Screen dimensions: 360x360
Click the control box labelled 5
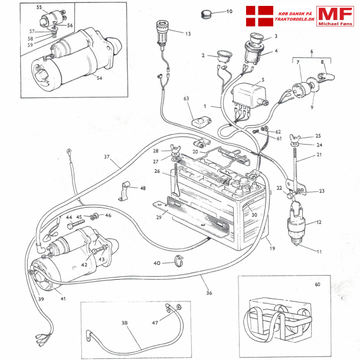click(x=250, y=94)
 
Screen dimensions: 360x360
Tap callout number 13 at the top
click(x=188, y=34)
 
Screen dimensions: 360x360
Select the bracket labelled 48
click(x=125, y=190)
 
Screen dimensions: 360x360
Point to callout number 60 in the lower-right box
click(x=317, y=284)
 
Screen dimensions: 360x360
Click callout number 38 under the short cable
click(x=124, y=324)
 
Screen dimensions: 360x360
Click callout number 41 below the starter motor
click(x=63, y=299)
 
